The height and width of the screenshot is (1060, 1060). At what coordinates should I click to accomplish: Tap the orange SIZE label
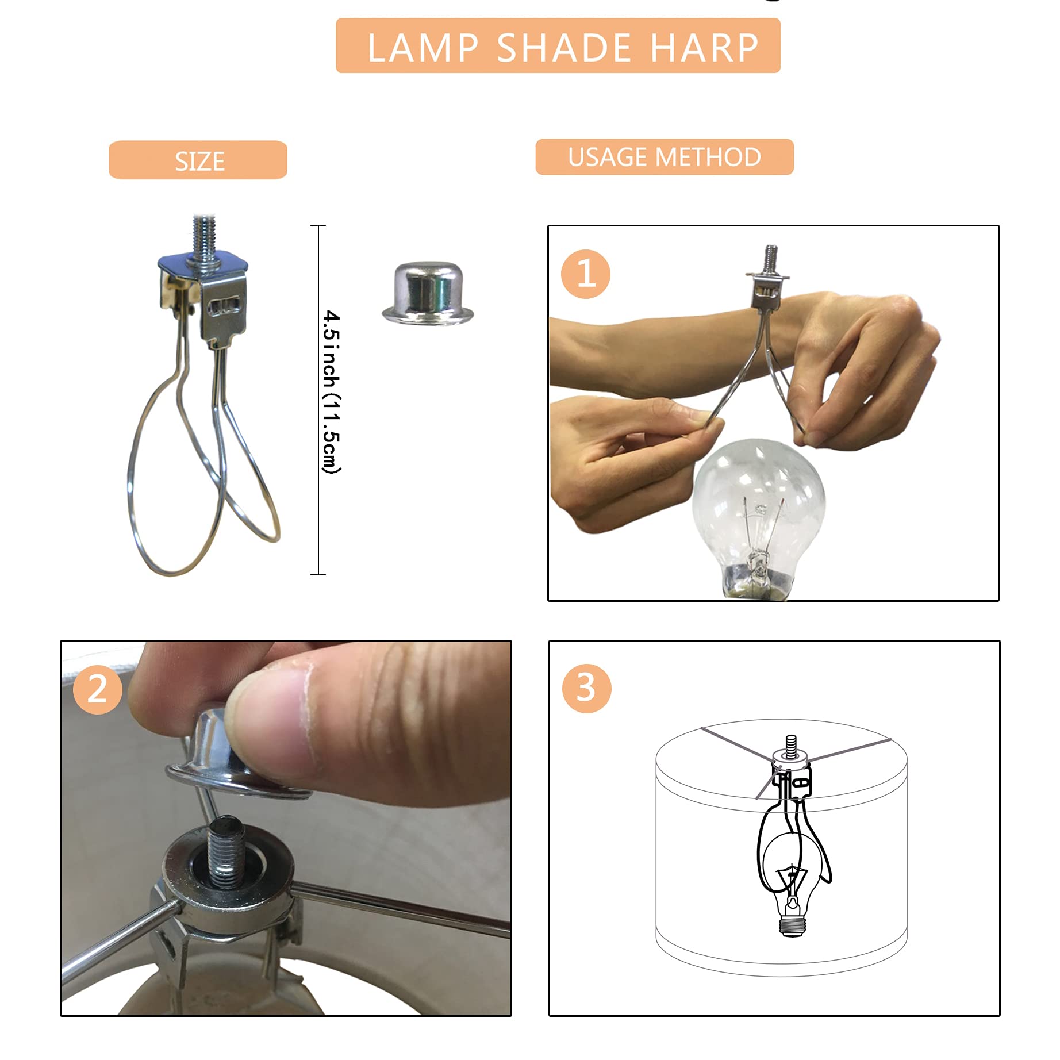198,160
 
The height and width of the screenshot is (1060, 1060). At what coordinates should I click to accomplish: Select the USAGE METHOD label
665,157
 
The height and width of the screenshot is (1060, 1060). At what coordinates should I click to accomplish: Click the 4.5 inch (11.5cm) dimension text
331,392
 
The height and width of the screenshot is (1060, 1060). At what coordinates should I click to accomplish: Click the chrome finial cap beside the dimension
428,294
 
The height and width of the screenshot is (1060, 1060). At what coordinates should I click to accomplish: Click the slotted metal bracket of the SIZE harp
223,310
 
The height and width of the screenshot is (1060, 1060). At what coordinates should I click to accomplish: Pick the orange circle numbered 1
585,274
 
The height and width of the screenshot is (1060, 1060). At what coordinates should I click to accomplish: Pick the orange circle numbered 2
97,689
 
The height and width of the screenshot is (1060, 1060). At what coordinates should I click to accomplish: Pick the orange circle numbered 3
586,688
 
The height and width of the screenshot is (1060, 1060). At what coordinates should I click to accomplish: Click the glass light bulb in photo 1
759,500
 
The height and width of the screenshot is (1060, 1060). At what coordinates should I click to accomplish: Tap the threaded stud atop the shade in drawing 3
791,744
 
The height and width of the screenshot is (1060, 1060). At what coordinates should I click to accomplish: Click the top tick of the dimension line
318,226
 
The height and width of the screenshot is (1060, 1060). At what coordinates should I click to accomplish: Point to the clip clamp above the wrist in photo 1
767,290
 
